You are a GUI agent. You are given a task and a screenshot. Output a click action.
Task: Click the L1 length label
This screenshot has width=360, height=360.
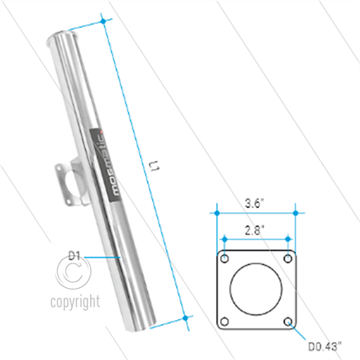[153, 168]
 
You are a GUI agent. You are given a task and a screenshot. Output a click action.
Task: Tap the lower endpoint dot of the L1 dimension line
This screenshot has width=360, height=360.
[187, 316]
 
